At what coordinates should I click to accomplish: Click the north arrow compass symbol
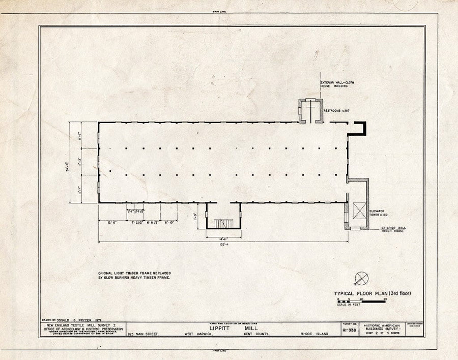point(361,278)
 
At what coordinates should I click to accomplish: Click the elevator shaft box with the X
point(358,211)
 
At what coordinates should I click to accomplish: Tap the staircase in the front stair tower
point(222,223)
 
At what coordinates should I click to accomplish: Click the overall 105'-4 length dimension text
point(222,244)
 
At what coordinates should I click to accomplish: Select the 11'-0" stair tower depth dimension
point(197,216)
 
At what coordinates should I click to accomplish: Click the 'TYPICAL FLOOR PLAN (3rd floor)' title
point(372,293)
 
